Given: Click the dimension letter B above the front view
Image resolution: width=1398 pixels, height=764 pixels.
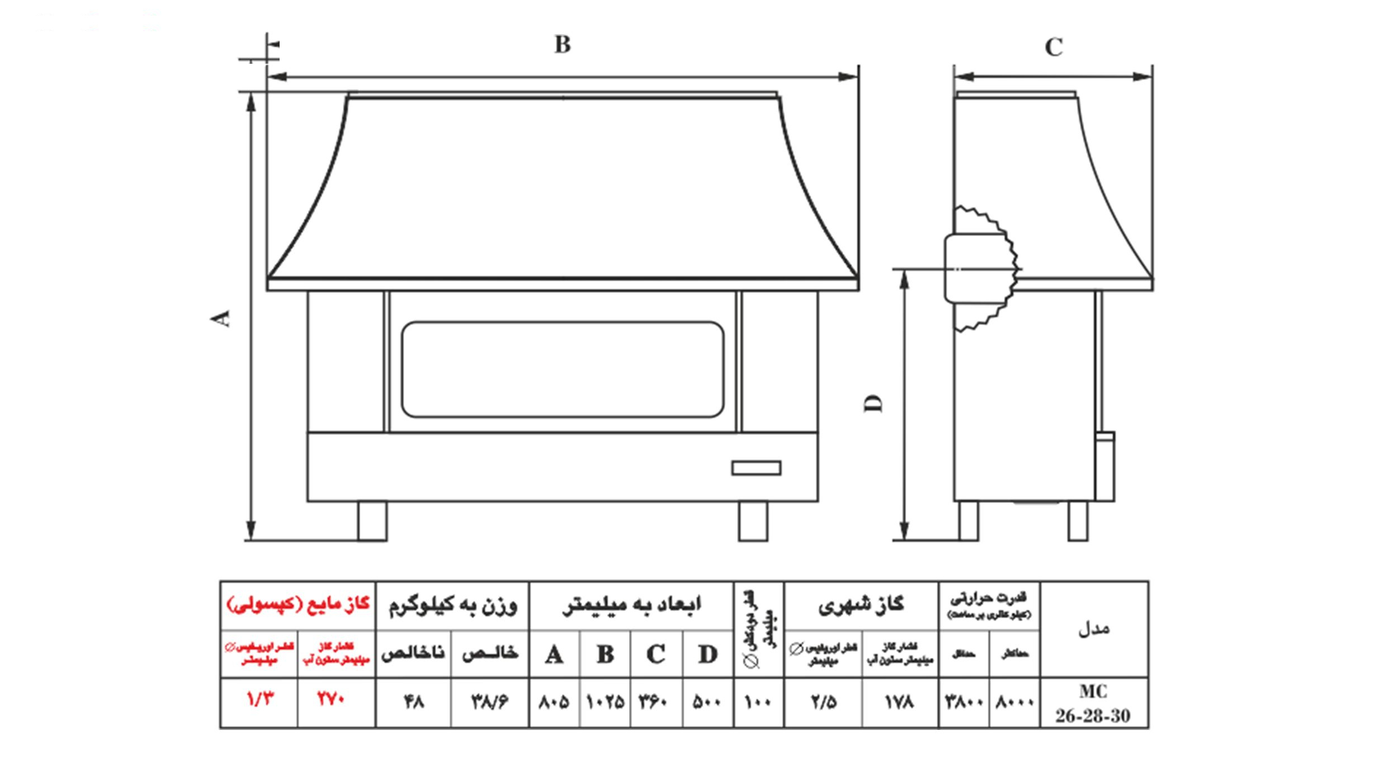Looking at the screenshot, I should click(563, 44).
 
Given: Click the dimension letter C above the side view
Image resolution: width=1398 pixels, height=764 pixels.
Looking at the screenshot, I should click(1054, 48).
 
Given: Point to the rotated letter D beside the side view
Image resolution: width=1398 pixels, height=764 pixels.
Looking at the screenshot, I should click(875, 403).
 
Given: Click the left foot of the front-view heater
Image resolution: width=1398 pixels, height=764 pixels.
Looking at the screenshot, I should click(372, 520).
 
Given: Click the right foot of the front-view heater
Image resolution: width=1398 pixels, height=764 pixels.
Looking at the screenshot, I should click(753, 520).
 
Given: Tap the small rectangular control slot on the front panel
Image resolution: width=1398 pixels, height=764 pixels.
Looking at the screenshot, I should click(756, 468).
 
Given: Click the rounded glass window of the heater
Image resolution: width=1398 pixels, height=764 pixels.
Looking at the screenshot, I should click(562, 369).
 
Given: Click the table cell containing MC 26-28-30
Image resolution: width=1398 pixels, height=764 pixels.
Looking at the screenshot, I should click(1093, 703).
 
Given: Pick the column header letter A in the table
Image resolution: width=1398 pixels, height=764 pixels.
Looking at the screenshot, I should click(554, 654).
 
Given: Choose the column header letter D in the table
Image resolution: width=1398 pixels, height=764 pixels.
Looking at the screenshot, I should click(707, 654).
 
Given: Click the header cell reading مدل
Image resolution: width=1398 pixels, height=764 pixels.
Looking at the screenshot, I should click(1093, 629).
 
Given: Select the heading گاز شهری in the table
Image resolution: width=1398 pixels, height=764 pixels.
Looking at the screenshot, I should click(861, 605).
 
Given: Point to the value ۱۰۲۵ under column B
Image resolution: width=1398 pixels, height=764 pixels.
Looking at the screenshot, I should click(605, 702).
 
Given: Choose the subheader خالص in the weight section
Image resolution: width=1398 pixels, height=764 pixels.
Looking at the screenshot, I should click(490, 654).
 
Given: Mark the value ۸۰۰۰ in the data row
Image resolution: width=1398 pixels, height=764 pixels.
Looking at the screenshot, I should click(1014, 702).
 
